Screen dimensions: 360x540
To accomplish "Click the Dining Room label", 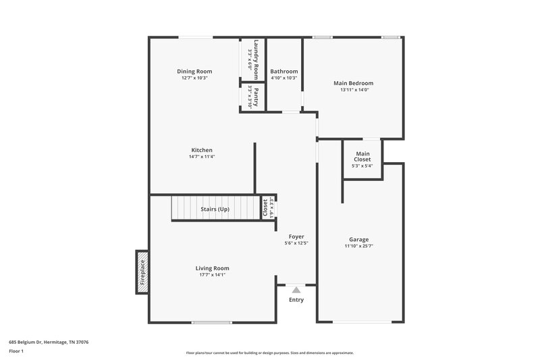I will pyautogui.click(x=194, y=72).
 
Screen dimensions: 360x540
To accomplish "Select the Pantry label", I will pyautogui.click(x=256, y=97).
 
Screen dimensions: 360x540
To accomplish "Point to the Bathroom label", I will pyautogui.click(x=283, y=72).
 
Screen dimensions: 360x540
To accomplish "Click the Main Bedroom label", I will pyautogui.click(x=353, y=83).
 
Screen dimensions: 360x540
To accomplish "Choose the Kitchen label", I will pyautogui.click(x=202, y=150).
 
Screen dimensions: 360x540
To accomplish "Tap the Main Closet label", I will pyautogui.click(x=362, y=157).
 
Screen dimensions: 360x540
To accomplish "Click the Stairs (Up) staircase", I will pyautogui.click(x=215, y=209).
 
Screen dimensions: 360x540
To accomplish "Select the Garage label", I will pyautogui.click(x=358, y=239).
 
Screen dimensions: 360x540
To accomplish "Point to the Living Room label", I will pyautogui.click(x=212, y=268).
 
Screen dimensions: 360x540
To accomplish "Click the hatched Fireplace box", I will pyautogui.click(x=142, y=272).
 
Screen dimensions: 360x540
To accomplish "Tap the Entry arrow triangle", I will pyautogui.click(x=296, y=290).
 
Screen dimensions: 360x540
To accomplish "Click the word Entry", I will pyautogui.click(x=296, y=300).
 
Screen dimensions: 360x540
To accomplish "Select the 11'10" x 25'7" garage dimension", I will pyautogui.click(x=358, y=247).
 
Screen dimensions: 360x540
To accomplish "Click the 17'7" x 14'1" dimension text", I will pyautogui.click(x=212, y=275).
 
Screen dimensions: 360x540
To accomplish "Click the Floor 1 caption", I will pyautogui.click(x=16, y=352).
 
